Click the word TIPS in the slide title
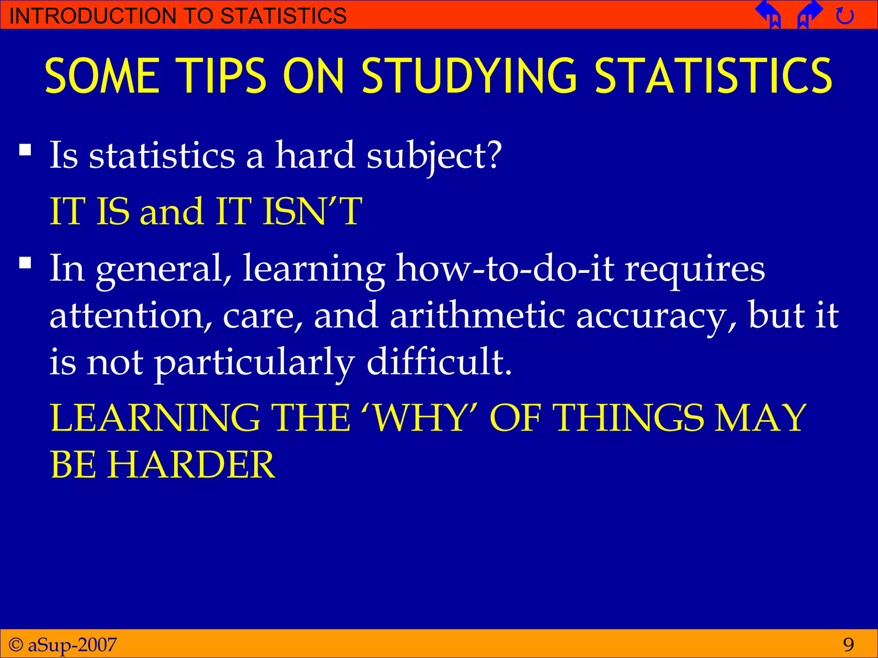[222, 76]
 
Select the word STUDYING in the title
[469, 76]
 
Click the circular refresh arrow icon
[845, 16]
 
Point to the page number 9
[848, 644]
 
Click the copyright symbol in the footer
[16, 644]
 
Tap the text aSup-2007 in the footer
[72, 644]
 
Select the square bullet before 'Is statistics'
[25, 150]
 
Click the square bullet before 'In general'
[25, 262]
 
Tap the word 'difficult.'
[439, 362]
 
